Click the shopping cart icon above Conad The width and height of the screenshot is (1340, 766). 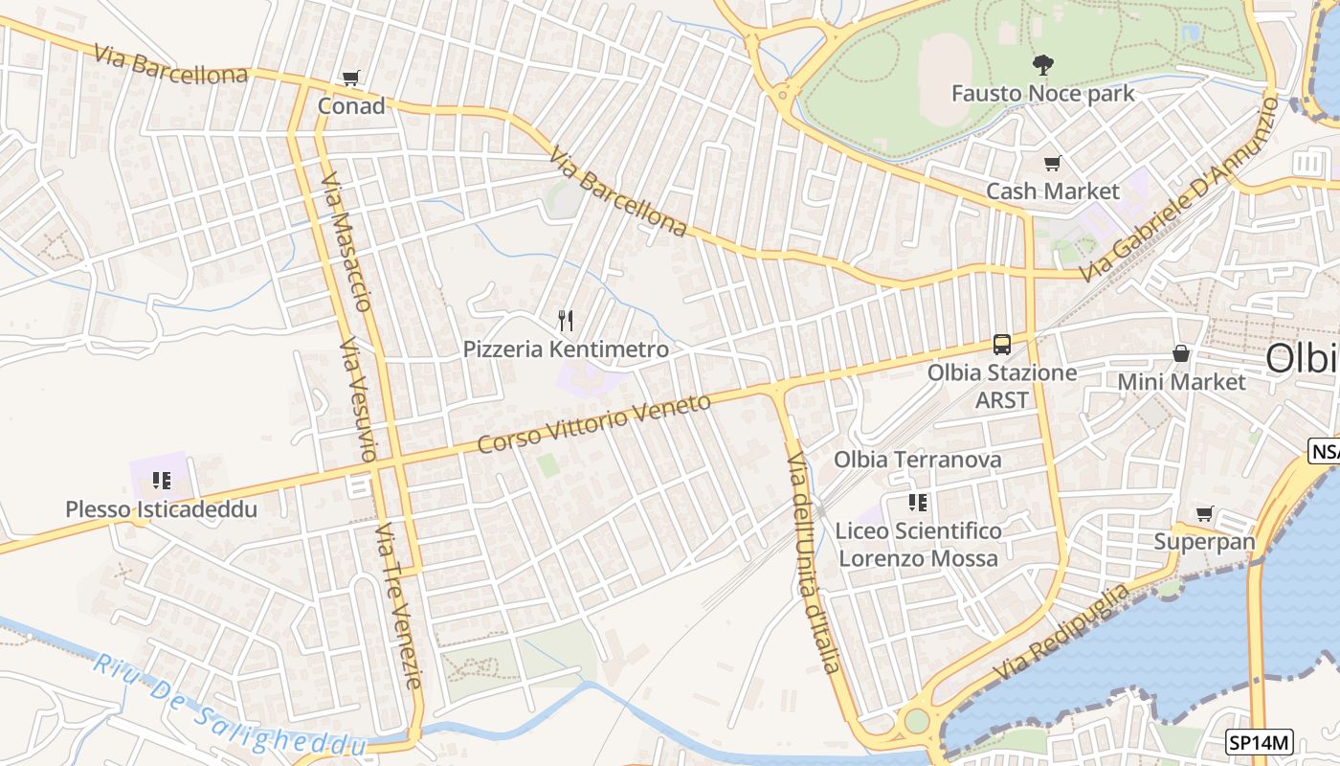click(351, 78)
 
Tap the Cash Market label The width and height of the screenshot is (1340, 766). click(1053, 191)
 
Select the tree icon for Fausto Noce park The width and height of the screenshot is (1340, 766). click(1042, 65)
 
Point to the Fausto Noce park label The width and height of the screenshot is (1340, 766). click(1042, 94)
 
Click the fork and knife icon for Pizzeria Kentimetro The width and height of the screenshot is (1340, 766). click(566, 321)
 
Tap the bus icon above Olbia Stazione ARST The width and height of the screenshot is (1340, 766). click(1001, 345)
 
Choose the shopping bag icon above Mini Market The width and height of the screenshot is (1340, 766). click(1181, 353)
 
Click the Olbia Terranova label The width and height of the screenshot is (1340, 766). click(917, 460)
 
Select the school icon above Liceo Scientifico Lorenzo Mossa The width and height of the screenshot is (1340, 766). click(917, 502)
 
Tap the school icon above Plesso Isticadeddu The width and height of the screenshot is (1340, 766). click(161, 481)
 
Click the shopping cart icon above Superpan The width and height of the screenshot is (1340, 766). click(1204, 514)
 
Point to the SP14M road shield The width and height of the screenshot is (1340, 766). click(1260, 741)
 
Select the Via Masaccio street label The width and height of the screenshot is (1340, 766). click(346, 242)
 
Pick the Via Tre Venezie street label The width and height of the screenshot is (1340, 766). click(398, 606)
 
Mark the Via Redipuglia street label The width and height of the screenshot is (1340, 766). click(1055, 632)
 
